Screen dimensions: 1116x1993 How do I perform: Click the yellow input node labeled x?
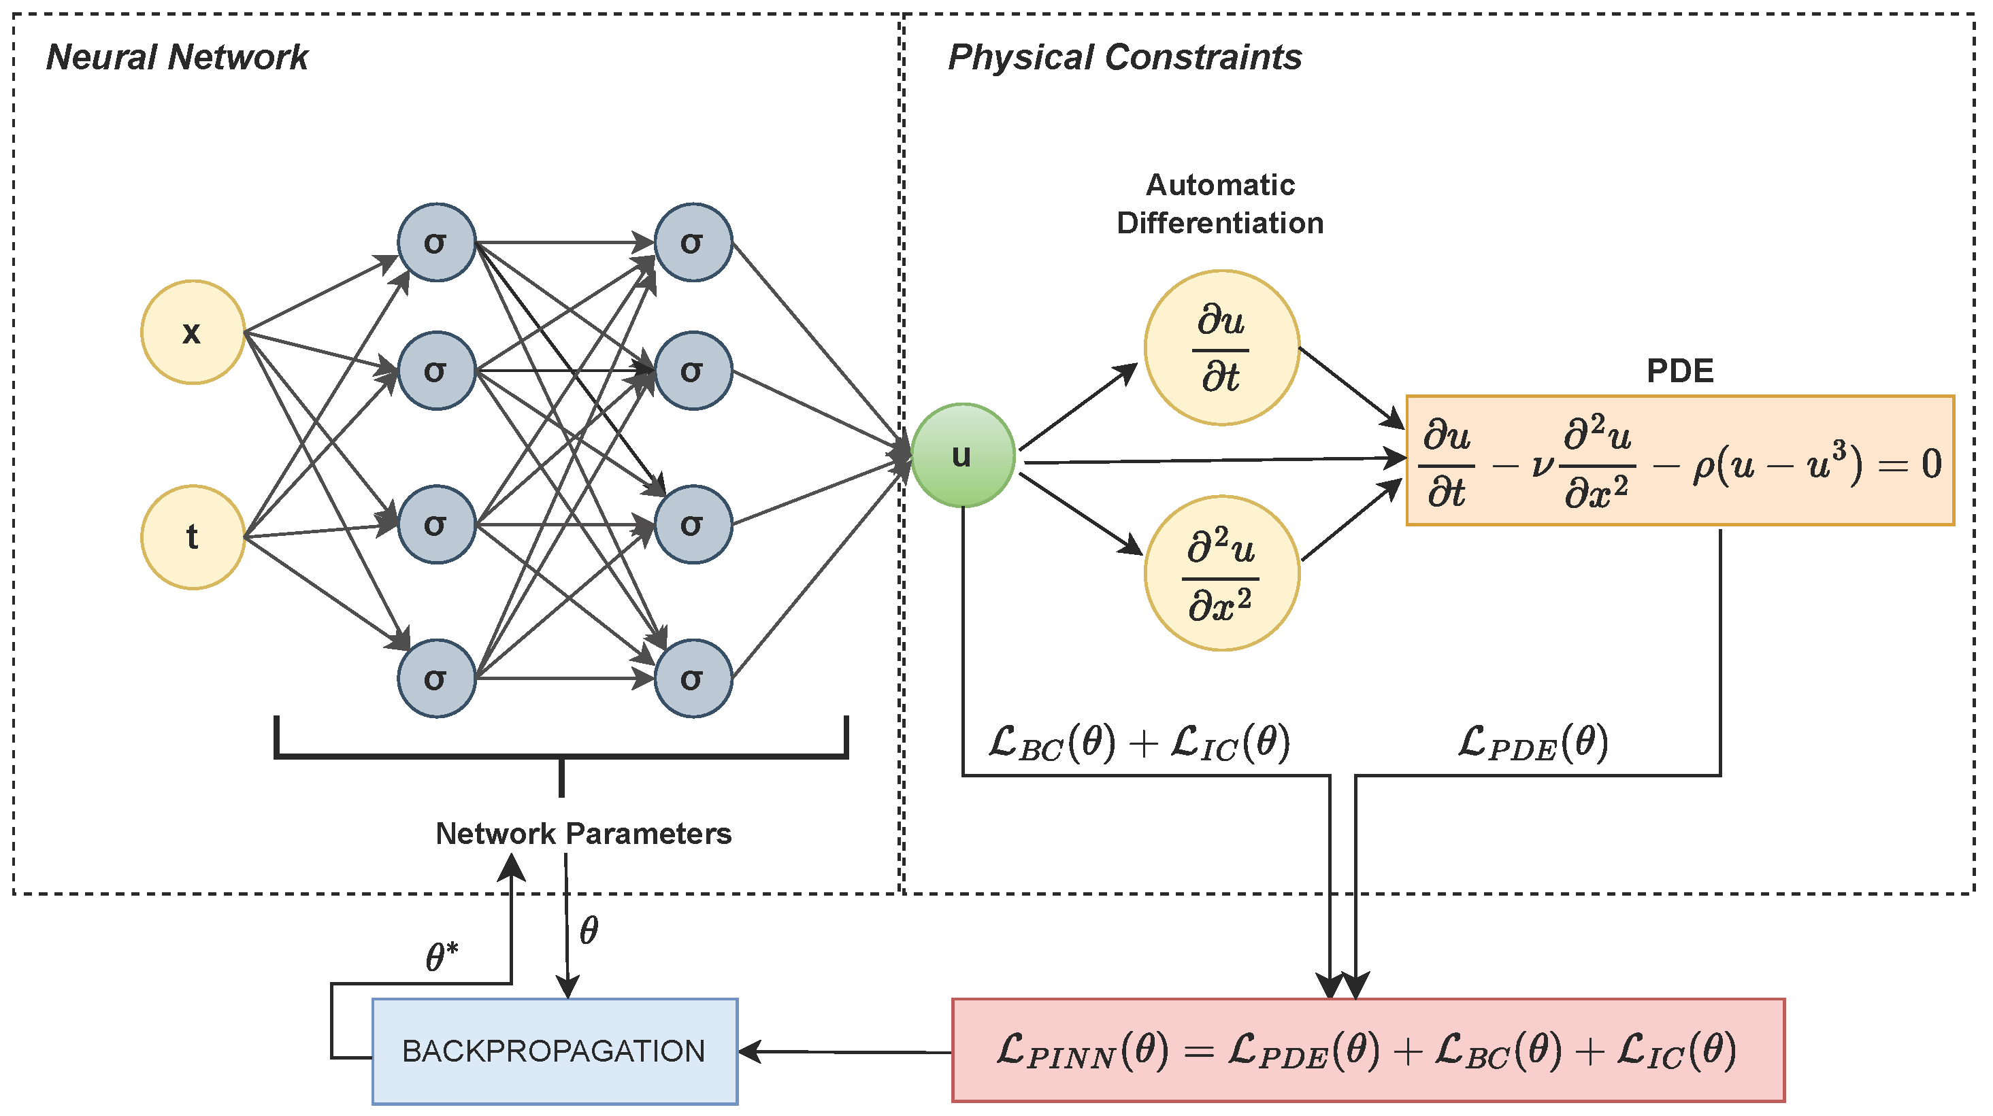[193, 332]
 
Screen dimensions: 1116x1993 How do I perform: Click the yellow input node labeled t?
[193, 537]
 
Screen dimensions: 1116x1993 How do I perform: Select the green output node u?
[962, 455]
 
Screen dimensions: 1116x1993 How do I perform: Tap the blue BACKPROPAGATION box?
[554, 1051]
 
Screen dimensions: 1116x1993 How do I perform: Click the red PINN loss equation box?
[1367, 1050]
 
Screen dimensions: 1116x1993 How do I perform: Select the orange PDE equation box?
[1679, 461]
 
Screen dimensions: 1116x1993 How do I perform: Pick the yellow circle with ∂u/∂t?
[1221, 348]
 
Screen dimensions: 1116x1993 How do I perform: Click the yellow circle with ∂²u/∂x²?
[1221, 573]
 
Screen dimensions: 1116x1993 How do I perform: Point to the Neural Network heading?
[177, 57]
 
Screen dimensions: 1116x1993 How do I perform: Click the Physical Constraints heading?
[1124, 57]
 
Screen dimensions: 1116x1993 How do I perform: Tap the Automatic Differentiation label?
[1219, 204]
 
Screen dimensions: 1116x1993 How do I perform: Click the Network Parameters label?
[582, 834]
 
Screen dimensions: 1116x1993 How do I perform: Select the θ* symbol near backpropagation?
[442, 957]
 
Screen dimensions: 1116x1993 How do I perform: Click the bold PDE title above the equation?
[1679, 371]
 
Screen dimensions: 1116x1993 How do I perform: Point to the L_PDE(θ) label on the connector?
[1532, 743]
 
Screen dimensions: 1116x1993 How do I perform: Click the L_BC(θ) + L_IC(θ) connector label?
[1139, 743]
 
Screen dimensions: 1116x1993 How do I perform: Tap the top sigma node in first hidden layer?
[436, 242]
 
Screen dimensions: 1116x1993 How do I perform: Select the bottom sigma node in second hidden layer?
[693, 678]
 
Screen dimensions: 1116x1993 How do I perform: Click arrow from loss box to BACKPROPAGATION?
[843, 1052]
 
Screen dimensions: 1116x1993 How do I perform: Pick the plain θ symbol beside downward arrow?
[589, 930]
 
